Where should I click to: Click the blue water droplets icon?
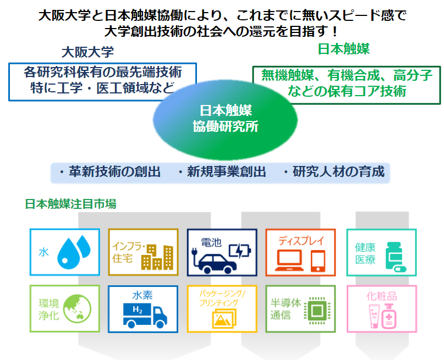click(74, 252)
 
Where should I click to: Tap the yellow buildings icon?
click(157, 257)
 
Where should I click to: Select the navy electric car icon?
click(215, 262)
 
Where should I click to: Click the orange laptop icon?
click(289, 260)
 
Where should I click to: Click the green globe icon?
click(77, 309)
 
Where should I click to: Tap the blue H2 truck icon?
click(145, 315)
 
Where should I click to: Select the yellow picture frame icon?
click(224, 318)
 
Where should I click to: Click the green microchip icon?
click(317, 311)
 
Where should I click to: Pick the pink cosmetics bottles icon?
click(382, 316)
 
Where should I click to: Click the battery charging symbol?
click(240, 250)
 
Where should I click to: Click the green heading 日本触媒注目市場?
click(71, 204)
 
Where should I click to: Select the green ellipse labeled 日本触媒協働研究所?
click(225, 120)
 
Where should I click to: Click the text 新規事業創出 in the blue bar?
click(226, 172)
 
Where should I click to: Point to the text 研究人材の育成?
click(338, 171)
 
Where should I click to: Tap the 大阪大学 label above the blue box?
click(88, 52)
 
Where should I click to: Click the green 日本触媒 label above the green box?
click(344, 48)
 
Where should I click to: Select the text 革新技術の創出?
click(114, 171)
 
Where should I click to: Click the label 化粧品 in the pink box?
click(381, 296)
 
